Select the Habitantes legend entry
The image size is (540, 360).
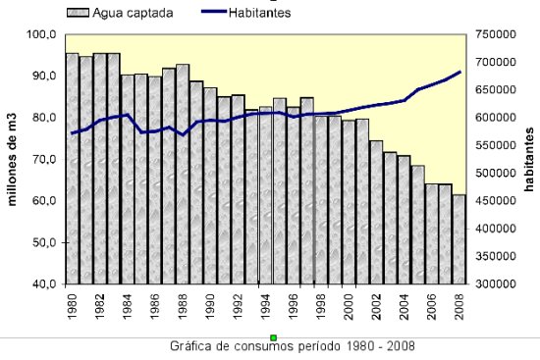(x=264, y=13)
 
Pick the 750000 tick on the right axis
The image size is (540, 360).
(x=495, y=34)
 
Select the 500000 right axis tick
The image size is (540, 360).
(x=495, y=174)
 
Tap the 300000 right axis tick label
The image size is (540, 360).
(x=495, y=284)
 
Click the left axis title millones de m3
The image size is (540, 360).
(x=14, y=159)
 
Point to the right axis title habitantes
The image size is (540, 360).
(x=528, y=159)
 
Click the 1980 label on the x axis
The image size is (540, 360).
(x=73, y=306)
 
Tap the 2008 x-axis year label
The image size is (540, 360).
(x=459, y=306)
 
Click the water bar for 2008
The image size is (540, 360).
(x=459, y=239)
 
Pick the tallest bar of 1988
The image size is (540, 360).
(x=183, y=175)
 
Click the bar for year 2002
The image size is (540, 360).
(x=376, y=212)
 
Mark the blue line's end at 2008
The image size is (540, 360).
(x=459, y=73)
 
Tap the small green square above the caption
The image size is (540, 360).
(x=274, y=337)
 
